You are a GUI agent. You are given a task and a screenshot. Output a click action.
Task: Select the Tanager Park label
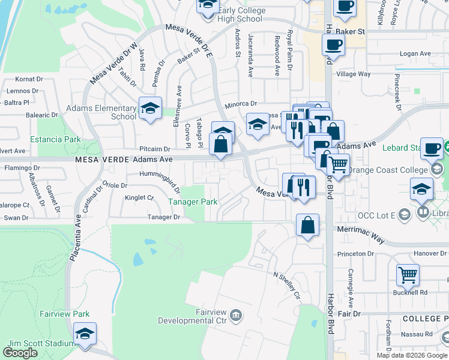coord(193,202)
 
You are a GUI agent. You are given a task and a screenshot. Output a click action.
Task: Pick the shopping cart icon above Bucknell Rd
coord(408,274)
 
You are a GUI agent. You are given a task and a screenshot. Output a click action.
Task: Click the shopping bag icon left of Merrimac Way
coord(307,226)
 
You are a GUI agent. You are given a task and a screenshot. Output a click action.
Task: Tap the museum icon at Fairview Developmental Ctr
coord(236,314)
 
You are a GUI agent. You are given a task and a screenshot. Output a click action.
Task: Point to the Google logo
coord(20,353)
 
